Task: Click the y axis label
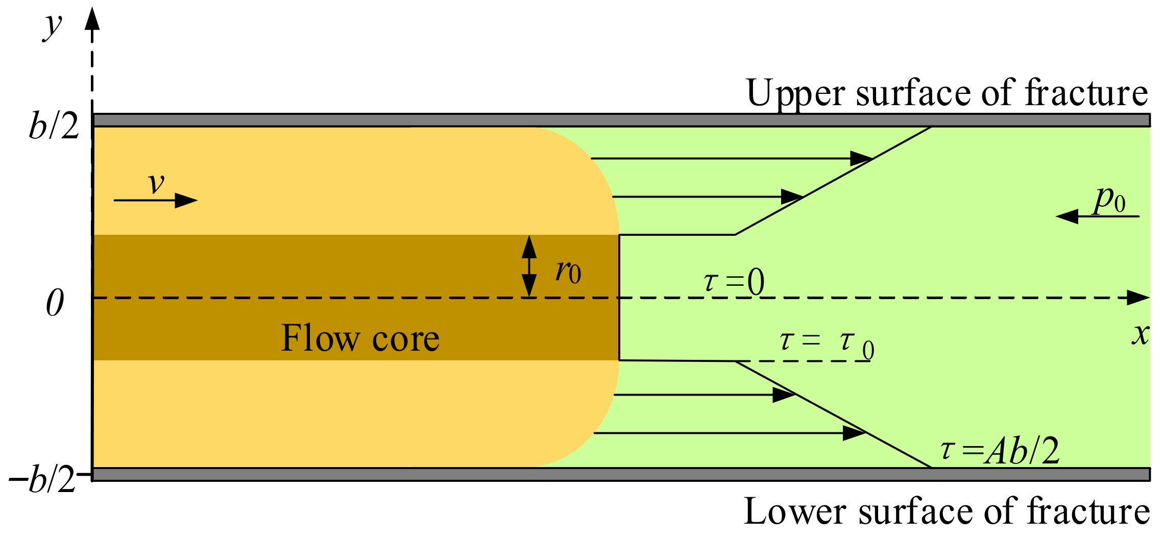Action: (53, 27)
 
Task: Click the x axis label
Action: (1141, 334)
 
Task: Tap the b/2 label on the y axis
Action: (54, 125)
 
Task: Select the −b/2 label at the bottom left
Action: (43, 479)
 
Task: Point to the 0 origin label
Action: (55, 303)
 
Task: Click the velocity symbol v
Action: (156, 184)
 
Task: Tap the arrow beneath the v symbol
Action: (155, 201)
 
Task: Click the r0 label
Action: (568, 271)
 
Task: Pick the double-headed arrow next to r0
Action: (529, 266)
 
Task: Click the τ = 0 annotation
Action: (734, 282)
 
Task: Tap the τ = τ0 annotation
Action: (827, 344)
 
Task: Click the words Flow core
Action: (360, 338)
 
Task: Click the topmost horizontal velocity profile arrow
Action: (730, 159)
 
